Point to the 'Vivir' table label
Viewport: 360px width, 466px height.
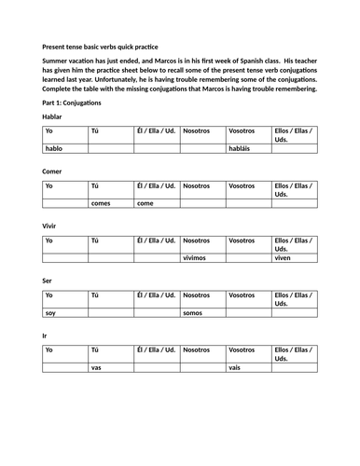click(x=50, y=226)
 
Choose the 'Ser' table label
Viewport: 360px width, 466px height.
click(x=48, y=281)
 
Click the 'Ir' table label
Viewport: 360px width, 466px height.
click(x=46, y=335)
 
